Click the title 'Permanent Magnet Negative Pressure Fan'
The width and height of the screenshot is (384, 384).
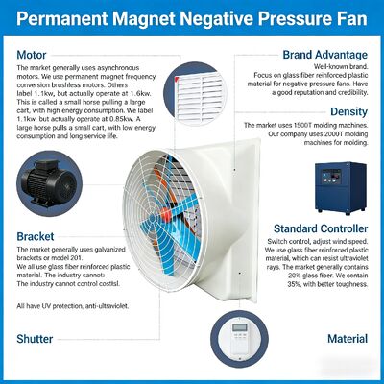click(191, 19)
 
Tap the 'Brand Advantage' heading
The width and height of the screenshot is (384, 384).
click(324, 56)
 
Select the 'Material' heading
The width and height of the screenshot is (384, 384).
click(347, 339)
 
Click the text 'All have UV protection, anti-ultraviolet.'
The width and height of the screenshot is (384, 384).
click(71, 305)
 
